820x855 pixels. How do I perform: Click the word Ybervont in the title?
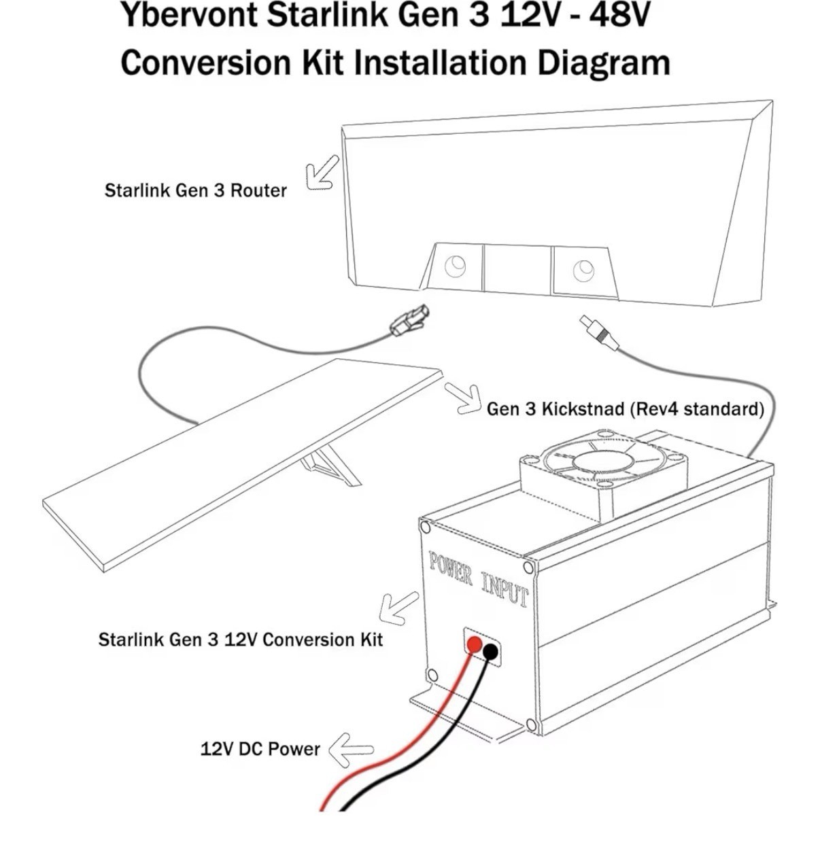point(189,15)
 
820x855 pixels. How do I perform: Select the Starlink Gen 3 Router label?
point(195,190)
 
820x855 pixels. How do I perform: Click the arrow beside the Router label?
point(323,173)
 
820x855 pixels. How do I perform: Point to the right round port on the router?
point(583,270)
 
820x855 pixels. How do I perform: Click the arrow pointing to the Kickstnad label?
point(463,399)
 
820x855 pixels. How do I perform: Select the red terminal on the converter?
point(474,644)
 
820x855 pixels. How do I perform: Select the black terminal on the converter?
point(490,653)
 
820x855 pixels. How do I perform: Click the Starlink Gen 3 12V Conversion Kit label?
point(240,640)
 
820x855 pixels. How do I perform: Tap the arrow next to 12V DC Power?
point(351,750)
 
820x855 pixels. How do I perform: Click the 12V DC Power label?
point(260,749)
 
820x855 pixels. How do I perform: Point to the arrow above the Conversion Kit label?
point(399,608)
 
